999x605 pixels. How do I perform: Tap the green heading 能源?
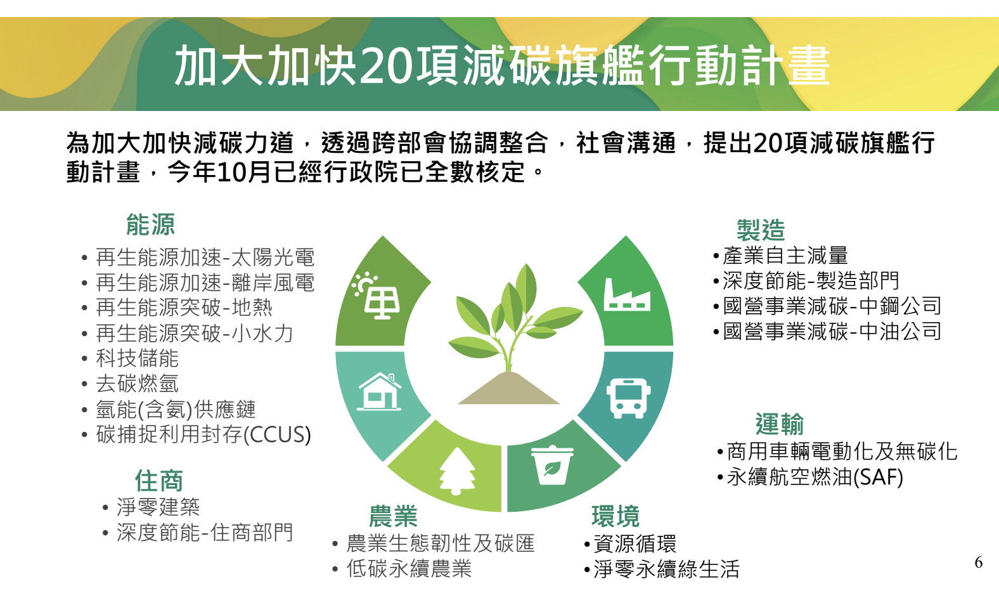click(150, 224)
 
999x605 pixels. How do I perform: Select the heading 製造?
click(761, 230)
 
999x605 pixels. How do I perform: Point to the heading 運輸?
click(779, 424)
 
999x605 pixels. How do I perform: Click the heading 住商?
click(158, 481)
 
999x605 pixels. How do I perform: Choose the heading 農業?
click(393, 516)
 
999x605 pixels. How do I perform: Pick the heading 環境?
click(616, 516)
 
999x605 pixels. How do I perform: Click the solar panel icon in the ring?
click(378, 296)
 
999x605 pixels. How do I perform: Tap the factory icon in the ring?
click(626, 295)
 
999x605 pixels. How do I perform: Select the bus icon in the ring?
click(628, 398)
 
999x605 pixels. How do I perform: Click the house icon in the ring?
click(380, 391)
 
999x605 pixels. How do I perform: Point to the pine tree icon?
click(457, 471)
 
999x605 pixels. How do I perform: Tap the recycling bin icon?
click(551, 466)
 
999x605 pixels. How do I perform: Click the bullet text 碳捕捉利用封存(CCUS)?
click(203, 435)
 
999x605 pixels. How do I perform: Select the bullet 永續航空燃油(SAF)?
click(815, 477)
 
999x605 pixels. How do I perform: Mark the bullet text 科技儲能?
click(137, 358)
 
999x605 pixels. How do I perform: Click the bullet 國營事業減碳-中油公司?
click(832, 331)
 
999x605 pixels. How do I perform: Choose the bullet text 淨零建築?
click(158, 507)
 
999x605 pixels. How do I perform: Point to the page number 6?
click(979, 563)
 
